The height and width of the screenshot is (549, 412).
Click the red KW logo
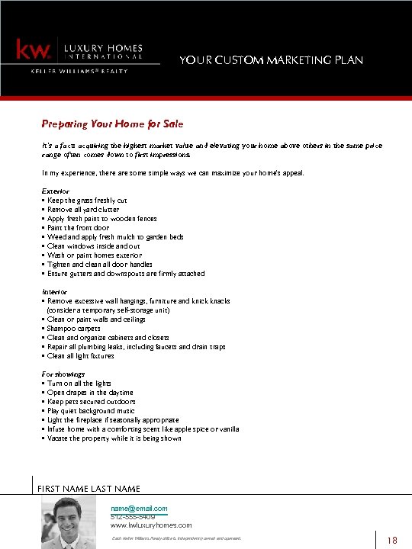[x=35, y=50]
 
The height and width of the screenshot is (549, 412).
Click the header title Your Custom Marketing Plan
[x=271, y=60]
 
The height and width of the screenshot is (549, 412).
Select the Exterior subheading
[x=56, y=191]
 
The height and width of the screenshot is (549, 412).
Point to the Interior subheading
[x=55, y=292]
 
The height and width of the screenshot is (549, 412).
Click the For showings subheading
[x=63, y=374]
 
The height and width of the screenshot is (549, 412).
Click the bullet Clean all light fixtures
[x=82, y=356]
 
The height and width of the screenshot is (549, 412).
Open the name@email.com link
[x=139, y=508]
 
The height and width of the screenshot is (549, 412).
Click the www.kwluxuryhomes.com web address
[x=151, y=525]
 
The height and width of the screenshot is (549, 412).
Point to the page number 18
[x=393, y=541]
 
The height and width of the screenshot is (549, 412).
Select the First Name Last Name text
[x=89, y=488]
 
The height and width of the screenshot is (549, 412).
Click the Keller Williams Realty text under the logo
[x=79, y=71]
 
